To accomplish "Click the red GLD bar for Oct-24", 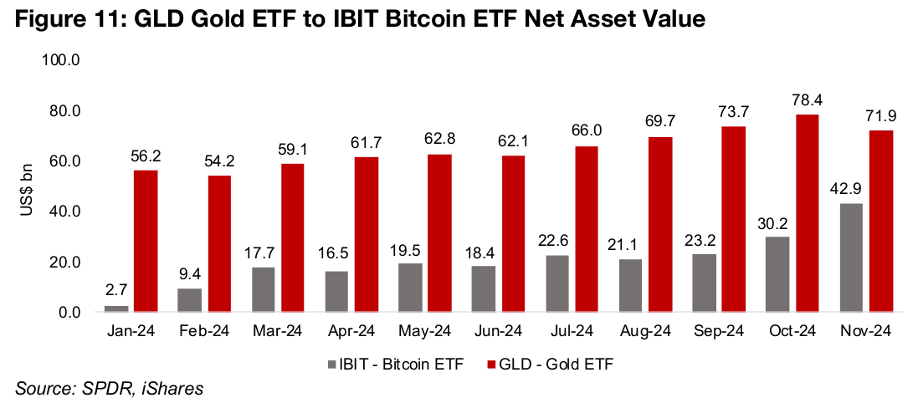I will pos(808,213).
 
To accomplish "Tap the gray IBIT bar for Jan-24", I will pos(117,309).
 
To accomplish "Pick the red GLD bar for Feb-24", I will pos(218,244).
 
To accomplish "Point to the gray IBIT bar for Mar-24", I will pos(264,289).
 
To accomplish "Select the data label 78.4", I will pos(808,100).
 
